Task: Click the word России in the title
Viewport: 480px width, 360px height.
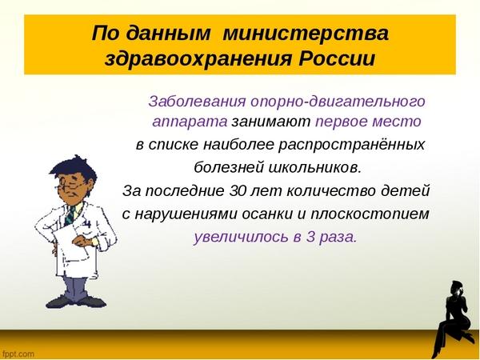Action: (337, 58)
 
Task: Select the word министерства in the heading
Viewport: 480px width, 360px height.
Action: (306, 33)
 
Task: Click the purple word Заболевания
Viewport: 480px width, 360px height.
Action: (197, 101)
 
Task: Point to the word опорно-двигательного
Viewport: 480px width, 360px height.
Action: (338, 102)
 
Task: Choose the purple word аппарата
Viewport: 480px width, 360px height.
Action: (190, 122)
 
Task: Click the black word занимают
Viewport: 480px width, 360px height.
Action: (270, 122)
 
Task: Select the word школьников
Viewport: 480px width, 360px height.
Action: (315, 167)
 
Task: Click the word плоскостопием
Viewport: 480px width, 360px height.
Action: (370, 214)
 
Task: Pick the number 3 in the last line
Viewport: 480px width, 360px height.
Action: (310, 237)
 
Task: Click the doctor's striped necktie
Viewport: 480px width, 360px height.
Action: (70, 215)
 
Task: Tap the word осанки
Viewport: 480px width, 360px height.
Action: (267, 214)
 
